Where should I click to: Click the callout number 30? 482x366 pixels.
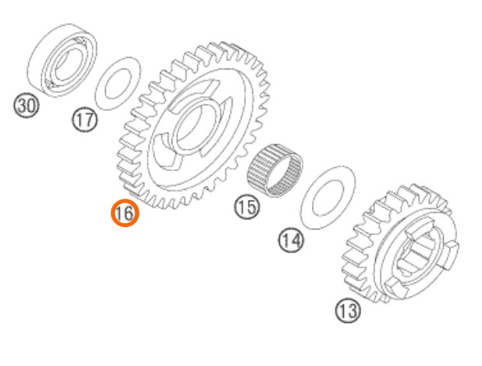tap(27, 105)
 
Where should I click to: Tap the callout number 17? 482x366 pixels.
tap(85, 119)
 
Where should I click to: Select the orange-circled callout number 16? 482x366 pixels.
tap(125, 213)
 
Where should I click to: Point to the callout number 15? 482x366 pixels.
tap(247, 207)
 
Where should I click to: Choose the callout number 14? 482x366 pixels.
tap(291, 240)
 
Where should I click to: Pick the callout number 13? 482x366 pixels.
tap(348, 311)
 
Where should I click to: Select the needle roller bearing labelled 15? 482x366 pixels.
tap(275, 171)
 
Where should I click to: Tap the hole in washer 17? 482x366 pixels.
tap(118, 84)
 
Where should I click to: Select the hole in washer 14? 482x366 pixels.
tap(328, 198)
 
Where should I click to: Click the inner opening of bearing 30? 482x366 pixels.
tap(66, 62)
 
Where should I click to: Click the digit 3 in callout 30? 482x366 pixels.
tap(22, 105)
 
